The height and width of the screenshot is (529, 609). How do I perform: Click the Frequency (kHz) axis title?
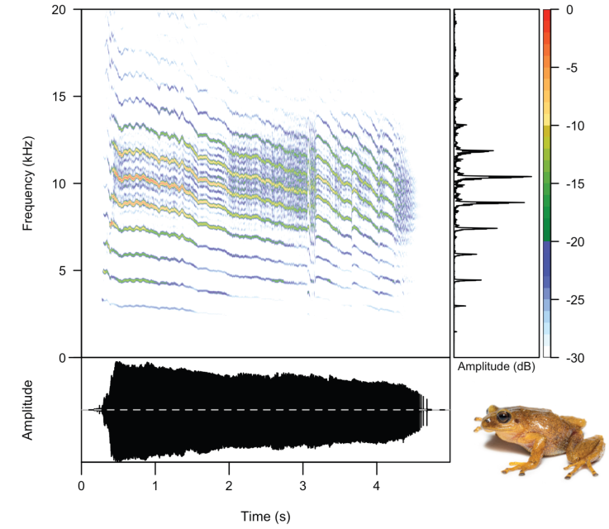(28, 183)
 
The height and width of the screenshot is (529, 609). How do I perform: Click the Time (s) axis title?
(265, 516)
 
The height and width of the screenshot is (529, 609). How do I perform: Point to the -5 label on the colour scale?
(578, 68)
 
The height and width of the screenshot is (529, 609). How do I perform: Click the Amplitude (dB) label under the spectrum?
(495, 365)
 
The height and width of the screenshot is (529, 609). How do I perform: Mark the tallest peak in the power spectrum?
(530, 177)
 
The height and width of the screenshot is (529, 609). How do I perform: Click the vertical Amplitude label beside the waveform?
(28, 409)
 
